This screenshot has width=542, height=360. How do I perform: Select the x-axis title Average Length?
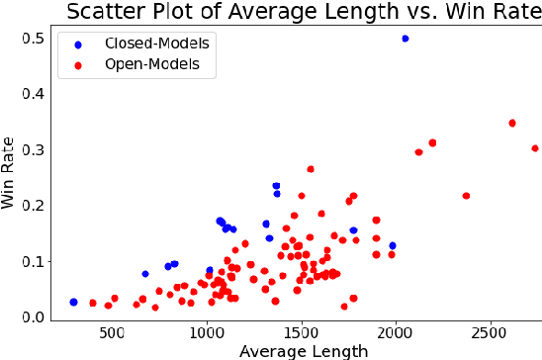click(296, 350)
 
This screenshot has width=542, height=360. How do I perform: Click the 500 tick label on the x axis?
click(112, 333)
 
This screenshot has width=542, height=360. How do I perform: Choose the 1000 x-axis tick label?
click(207, 333)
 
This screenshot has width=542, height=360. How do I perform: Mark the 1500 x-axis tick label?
click(302, 333)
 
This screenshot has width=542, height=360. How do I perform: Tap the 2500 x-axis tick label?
click(492, 333)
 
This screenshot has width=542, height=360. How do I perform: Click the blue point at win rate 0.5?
click(406, 39)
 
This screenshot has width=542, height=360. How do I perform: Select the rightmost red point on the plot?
click(535, 148)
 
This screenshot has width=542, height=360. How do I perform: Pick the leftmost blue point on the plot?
click(73, 302)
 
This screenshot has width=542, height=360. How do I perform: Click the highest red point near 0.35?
click(512, 124)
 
